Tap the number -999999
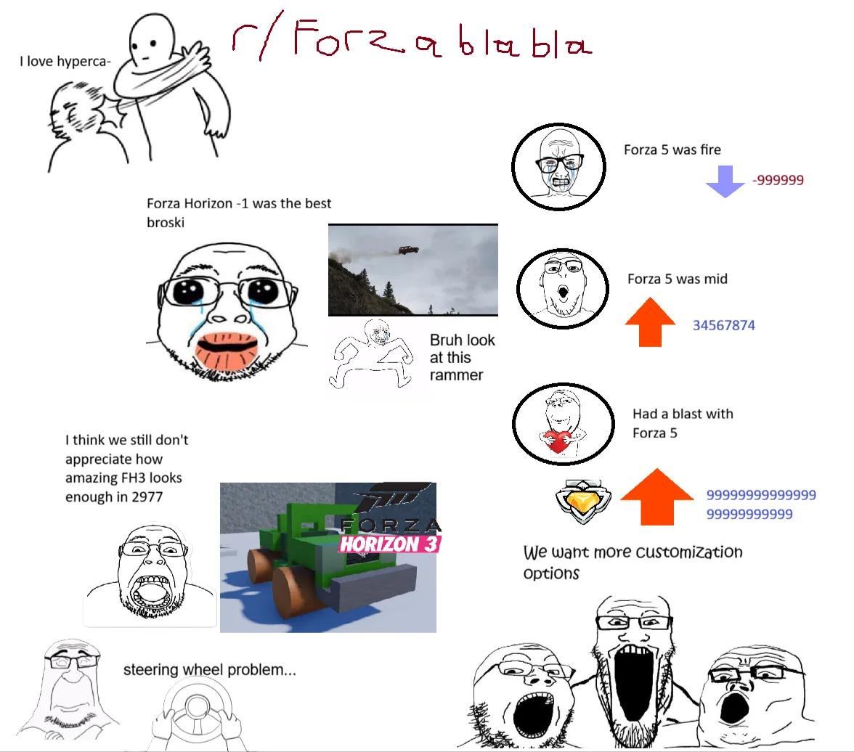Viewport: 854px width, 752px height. (778, 180)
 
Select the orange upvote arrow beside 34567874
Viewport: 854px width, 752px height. (650, 322)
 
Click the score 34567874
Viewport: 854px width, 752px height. (724, 325)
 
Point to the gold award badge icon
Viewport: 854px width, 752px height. (582, 502)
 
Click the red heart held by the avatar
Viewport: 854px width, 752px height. (556, 441)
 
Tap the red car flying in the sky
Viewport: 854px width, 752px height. (408, 250)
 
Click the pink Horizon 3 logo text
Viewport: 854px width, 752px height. (389, 544)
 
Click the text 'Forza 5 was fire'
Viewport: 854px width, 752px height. (672, 150)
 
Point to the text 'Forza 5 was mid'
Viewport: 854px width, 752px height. (677, 279)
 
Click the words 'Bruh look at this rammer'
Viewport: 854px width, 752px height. (462, 357)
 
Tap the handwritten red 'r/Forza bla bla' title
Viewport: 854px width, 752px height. (412, 38)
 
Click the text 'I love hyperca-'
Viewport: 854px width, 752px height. (65, 62)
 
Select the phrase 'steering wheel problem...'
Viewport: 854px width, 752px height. (210, 669)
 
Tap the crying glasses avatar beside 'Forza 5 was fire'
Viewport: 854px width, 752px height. (559, 167)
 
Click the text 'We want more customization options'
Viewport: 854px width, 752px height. (633, 562)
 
